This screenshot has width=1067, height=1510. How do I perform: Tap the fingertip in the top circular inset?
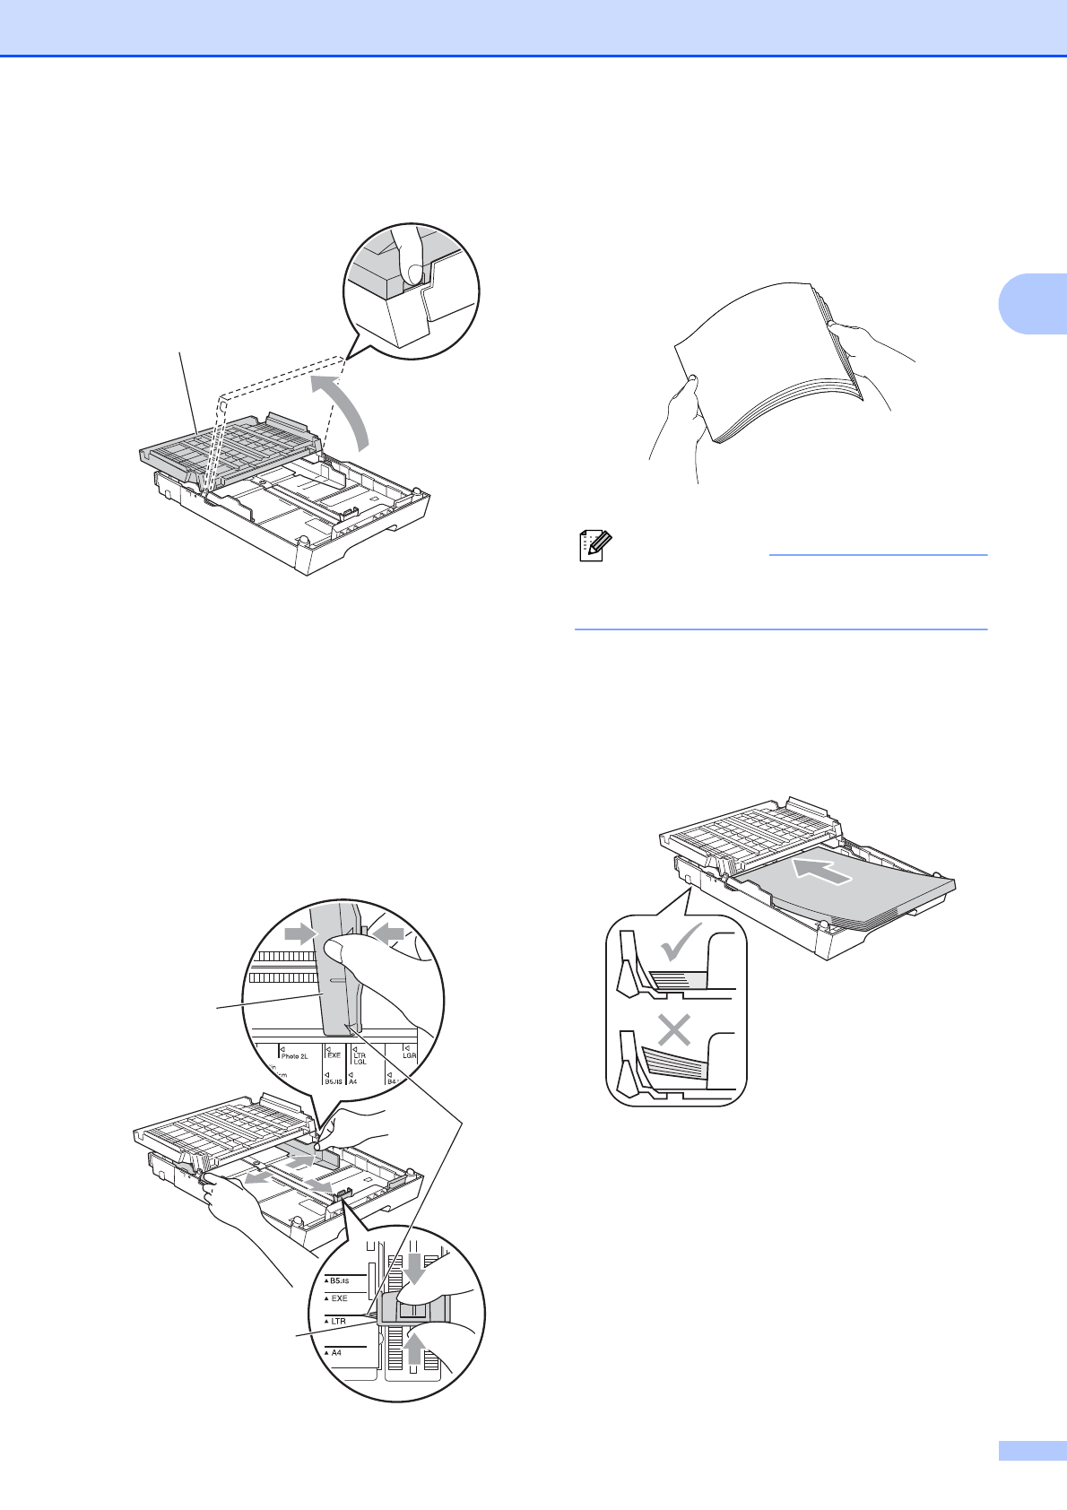pyautogui.click(x=413, y=273)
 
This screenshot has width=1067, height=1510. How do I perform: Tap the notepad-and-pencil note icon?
pyautogui.click(x=594, y=546)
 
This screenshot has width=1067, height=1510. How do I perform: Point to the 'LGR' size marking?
pyautogui.click(x=409, y=1053)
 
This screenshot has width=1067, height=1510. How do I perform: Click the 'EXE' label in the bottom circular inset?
pyautogui.click(x=338, y=1298)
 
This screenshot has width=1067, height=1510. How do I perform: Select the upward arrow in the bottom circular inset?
pyautogui.click(x=412, y=1348)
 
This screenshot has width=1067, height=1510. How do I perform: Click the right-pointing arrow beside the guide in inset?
pyautogui.click(x=299, y=934)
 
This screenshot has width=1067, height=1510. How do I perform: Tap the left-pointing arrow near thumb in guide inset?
pyautogui.click(x=388, y=934)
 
